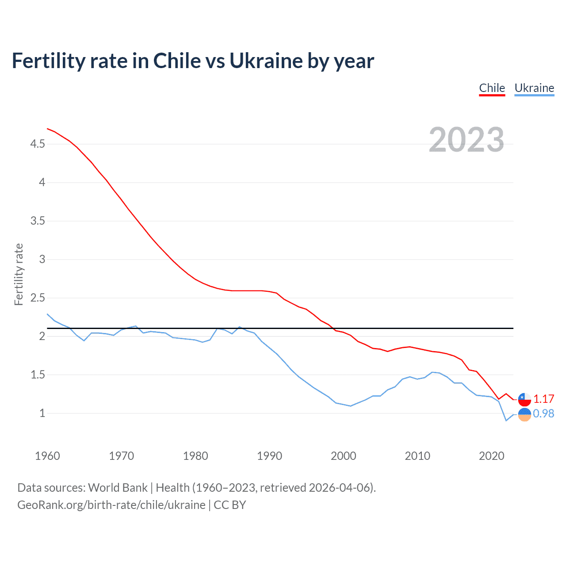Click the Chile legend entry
click(x=492, y=88)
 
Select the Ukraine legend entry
click(x=534, y=88)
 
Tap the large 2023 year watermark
click(x=467, y=140)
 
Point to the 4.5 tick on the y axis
click(x=38, y=144)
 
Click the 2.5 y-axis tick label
click(x=38, y=298)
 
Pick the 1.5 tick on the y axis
click(x=38, y=375)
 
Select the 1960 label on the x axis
click(x=47, y=456)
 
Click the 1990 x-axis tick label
click(x=269, y=456)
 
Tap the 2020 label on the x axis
click(x=491, y=456)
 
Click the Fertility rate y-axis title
click(x=19, y=274)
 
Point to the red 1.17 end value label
click(x=543, y=399)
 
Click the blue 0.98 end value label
click(x=543, y=413)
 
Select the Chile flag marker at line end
click(x=524, y=399)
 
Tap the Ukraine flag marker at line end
click(x=524, y=415)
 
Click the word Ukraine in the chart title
click(x=266, y=61)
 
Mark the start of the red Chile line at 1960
click(x=47, y=129)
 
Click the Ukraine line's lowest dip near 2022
click(x=506, y=421)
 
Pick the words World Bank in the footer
click(x=118, y=488)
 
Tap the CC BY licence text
click(x=230, y=505)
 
